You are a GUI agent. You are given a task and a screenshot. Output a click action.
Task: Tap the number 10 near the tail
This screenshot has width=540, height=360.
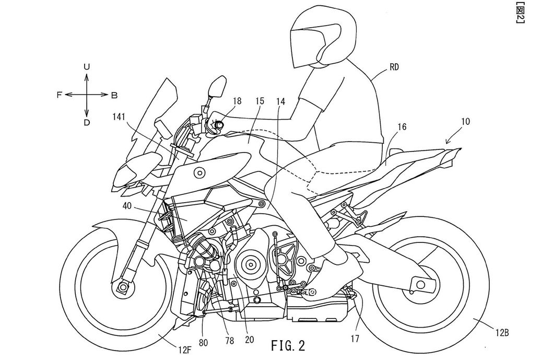[465, 122]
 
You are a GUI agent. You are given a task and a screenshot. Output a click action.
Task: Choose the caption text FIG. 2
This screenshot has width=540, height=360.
[288, 345]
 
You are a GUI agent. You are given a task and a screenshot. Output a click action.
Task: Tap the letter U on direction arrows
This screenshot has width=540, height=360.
[87, 66]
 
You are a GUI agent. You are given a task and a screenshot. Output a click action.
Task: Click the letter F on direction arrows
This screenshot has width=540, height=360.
[60, 95]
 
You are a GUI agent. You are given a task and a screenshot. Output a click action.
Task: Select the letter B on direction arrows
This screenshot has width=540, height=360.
[114, 95]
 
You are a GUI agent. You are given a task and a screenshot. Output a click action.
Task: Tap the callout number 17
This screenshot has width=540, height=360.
[355, 338]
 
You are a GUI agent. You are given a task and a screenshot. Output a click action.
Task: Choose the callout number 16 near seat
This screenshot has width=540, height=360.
[401, 126]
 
